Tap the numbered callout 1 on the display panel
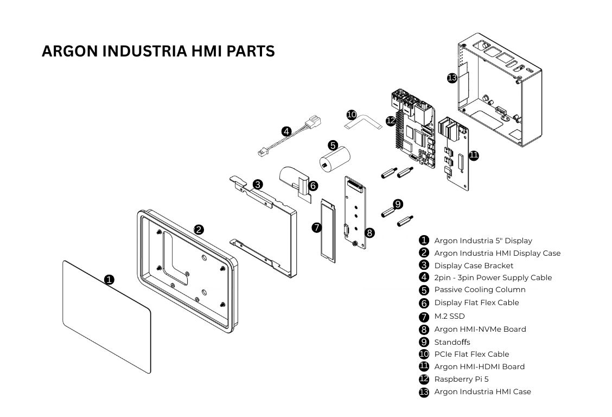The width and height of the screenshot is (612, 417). (x=109, y=280)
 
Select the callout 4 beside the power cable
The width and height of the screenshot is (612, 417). (x=286, y=131)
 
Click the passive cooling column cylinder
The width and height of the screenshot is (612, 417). (x=334, y=160)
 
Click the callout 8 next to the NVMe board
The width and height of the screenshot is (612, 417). (x=369, y=232)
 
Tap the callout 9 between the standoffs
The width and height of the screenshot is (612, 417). (x=398, y=204)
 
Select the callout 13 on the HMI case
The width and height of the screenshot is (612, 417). (x=452, y=78)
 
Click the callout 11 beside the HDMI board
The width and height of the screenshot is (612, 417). (x=474, y=155)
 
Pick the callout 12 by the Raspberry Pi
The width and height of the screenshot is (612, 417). (x=391, y=120)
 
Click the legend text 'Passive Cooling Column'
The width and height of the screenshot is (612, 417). (x=480, y=289)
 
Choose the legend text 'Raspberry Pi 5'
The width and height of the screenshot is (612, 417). (x=461, y=379)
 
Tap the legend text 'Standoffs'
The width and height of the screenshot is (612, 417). (x=452, y=342)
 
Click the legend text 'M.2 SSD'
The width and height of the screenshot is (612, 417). (x=449, y=316)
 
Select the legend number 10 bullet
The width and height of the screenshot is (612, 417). (x=424, y=354)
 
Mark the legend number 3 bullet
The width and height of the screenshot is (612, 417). (x=424, y=266)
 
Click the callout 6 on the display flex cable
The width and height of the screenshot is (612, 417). (x=313, y=186)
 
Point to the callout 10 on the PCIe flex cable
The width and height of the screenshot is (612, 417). (x=352, y=115)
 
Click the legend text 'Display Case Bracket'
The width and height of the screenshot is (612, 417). (x=474, y=266)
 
